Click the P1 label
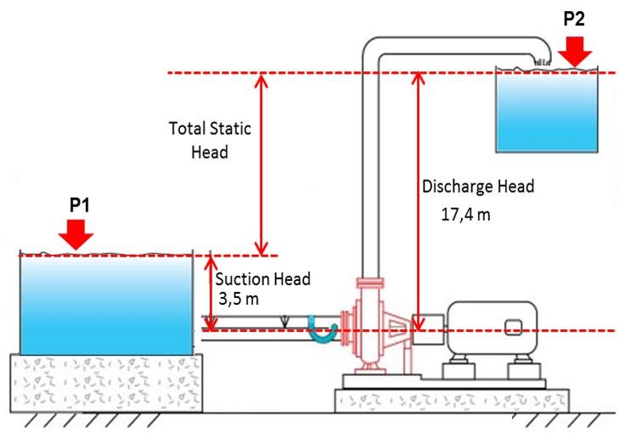pos(80,205)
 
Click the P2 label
pos(574,19)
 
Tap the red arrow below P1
pos(76,235)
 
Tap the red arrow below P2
pos(575,52)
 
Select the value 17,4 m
pos(465,215)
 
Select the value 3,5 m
pos(239,299)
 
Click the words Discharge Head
pos(478,187)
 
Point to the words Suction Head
pos(262,279)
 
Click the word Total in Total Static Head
pos(187,129)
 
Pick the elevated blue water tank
pos(547,111)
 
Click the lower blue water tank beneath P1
pos(106,305)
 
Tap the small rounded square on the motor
pos(514,327)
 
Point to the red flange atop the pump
pos(370,283)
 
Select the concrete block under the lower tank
pos(106,383)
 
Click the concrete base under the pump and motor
pos(452,401)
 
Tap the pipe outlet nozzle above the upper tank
pos(543,62)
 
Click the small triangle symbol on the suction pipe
pos(284,322)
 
